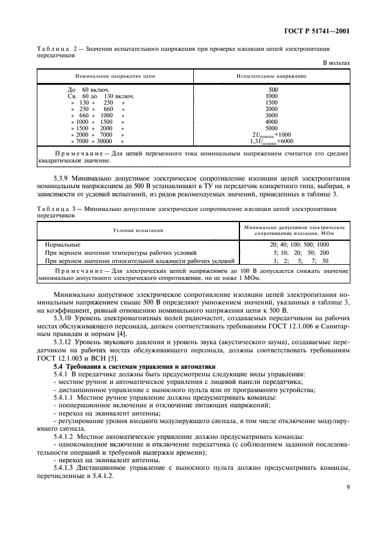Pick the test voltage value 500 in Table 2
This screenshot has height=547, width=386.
coord(272,89)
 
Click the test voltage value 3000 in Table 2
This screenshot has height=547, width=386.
coord(272,115)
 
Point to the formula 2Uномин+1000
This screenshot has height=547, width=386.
coord(272,134)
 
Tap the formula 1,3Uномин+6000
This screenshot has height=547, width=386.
coord(272,141)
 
